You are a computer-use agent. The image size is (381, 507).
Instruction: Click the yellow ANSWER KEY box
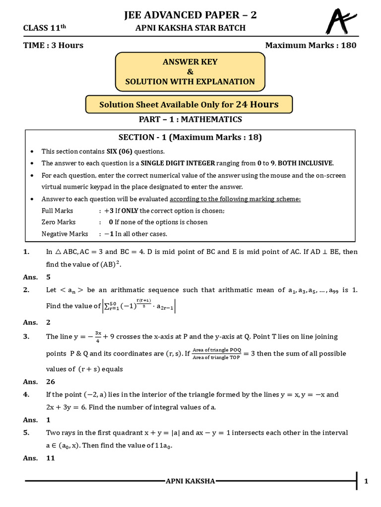click(190, 72)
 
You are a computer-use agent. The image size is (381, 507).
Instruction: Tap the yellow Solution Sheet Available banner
click(189, 104)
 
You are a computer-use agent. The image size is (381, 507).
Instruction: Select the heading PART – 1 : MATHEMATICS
click(190, 119)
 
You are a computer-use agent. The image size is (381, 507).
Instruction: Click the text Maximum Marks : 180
click(311, 46)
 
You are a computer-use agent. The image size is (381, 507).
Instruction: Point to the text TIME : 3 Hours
click(54, 46)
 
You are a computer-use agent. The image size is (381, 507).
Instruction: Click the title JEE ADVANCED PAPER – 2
click(190, 16)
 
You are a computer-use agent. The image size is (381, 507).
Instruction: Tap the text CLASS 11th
click(44, 28)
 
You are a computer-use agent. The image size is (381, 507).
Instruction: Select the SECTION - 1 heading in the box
click(190, 137)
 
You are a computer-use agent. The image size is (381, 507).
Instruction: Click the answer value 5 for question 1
click(48, 277)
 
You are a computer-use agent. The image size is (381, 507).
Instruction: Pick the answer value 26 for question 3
click(51, 382)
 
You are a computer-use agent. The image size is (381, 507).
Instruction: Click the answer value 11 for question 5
click(51, 458)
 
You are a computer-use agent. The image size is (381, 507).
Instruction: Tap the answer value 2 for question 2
click(48, 322)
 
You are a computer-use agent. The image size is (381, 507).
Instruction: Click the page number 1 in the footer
click(366, 481)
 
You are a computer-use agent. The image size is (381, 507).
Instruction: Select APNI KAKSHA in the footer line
click(190, 481)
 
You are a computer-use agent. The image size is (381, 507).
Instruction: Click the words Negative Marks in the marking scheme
click(64, 234)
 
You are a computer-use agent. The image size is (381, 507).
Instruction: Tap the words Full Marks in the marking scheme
click(58, 210)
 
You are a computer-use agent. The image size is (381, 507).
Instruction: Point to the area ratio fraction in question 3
click(216, 354)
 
